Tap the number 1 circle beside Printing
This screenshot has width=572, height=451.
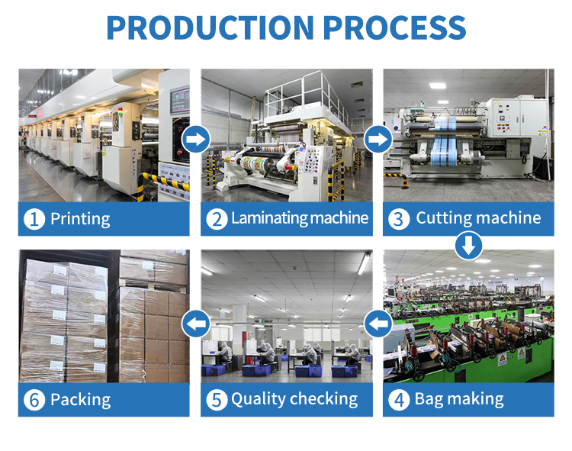[34, 220]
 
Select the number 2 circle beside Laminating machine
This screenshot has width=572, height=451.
[217, 220]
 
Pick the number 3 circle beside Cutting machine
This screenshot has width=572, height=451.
[398, 220]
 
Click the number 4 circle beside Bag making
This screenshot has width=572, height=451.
[398, 399]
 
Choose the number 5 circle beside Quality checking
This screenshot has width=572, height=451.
[217, 399]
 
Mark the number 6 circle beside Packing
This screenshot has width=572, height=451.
[34, 399]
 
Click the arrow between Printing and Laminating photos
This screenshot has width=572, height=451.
[196, 140]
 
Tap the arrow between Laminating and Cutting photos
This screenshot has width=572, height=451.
[378, 140]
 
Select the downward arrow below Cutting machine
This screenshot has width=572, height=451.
[468, 246]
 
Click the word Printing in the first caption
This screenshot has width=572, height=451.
[80, 220]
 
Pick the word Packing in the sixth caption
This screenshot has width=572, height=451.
[80, 399]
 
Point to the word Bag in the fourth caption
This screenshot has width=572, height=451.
[429, 399]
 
